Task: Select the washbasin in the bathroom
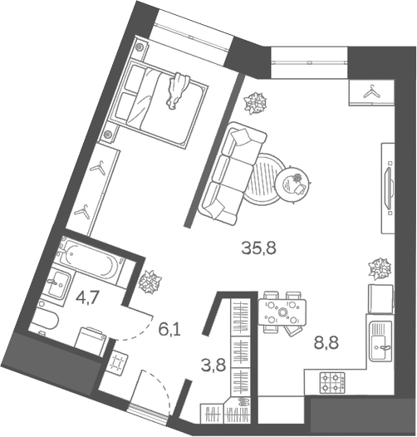click(x=58, y=284)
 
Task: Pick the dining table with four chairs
click(x=283, y=312)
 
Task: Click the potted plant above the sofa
click(x=255, y=104)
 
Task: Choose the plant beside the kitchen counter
click(x=380, y=268)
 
